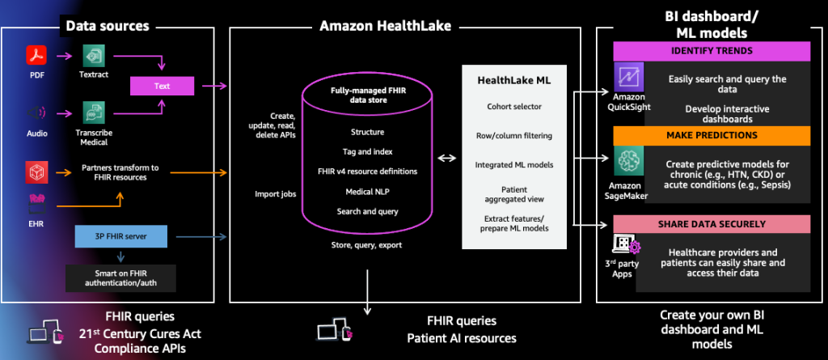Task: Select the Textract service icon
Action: (x=95, y=56)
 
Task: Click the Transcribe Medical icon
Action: (x=95, y=112)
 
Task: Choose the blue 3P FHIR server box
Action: (x=121, y=237)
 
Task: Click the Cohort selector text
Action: (x=514, y=106)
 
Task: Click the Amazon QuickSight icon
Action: (x=627, y=78)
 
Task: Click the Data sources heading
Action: (x=107, y=26)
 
